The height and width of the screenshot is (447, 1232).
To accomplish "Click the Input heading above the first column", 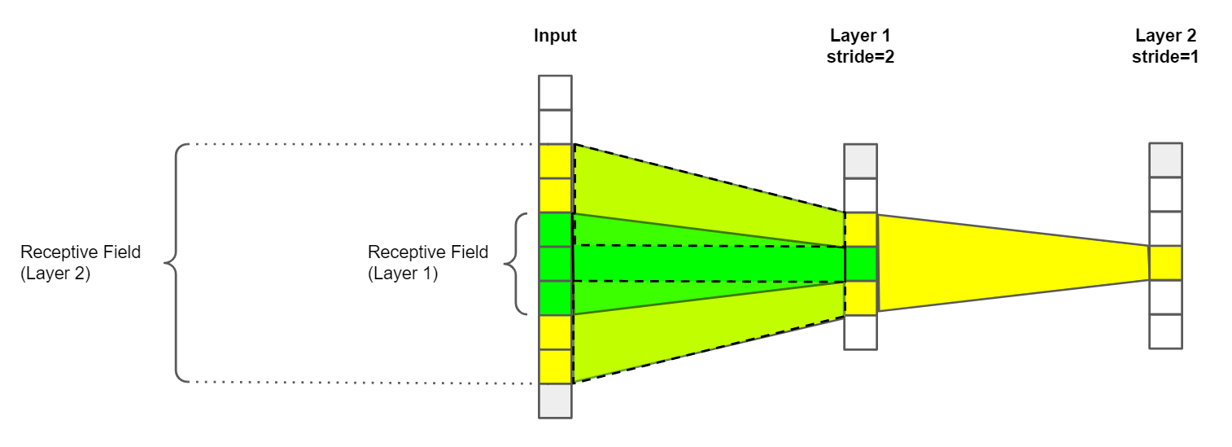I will point(555,36).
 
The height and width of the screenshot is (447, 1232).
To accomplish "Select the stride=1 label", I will point(1165,58).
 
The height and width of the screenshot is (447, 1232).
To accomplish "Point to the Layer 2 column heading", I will point(1165,36).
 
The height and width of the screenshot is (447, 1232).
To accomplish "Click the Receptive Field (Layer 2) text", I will point(80,263).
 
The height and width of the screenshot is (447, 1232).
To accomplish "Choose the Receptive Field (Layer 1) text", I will point(428,263).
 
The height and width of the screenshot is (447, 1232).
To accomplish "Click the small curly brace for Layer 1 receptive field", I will point(513,263).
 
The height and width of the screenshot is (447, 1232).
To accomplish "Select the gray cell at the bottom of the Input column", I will point(555,401).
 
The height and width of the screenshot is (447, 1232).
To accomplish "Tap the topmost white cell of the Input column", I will point(555,92).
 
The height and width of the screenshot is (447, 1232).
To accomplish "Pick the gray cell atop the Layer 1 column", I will point(860,161).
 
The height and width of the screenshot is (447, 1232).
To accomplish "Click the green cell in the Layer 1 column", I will point(860,263).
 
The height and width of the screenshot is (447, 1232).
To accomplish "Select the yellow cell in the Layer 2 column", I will point(1165,263).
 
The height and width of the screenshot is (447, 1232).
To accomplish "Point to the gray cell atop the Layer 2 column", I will point(1165,160).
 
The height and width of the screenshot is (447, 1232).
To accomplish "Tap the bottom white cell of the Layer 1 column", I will point(860,332).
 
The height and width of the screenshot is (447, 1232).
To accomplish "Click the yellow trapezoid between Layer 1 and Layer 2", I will point(1009,263).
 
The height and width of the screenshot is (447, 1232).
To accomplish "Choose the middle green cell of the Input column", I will point(555,263).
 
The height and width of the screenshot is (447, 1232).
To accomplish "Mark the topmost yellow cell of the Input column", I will point(555,161).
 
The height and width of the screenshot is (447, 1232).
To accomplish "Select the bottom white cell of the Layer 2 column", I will point(1165,331).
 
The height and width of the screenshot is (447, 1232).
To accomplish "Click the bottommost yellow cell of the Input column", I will point(555,366).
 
